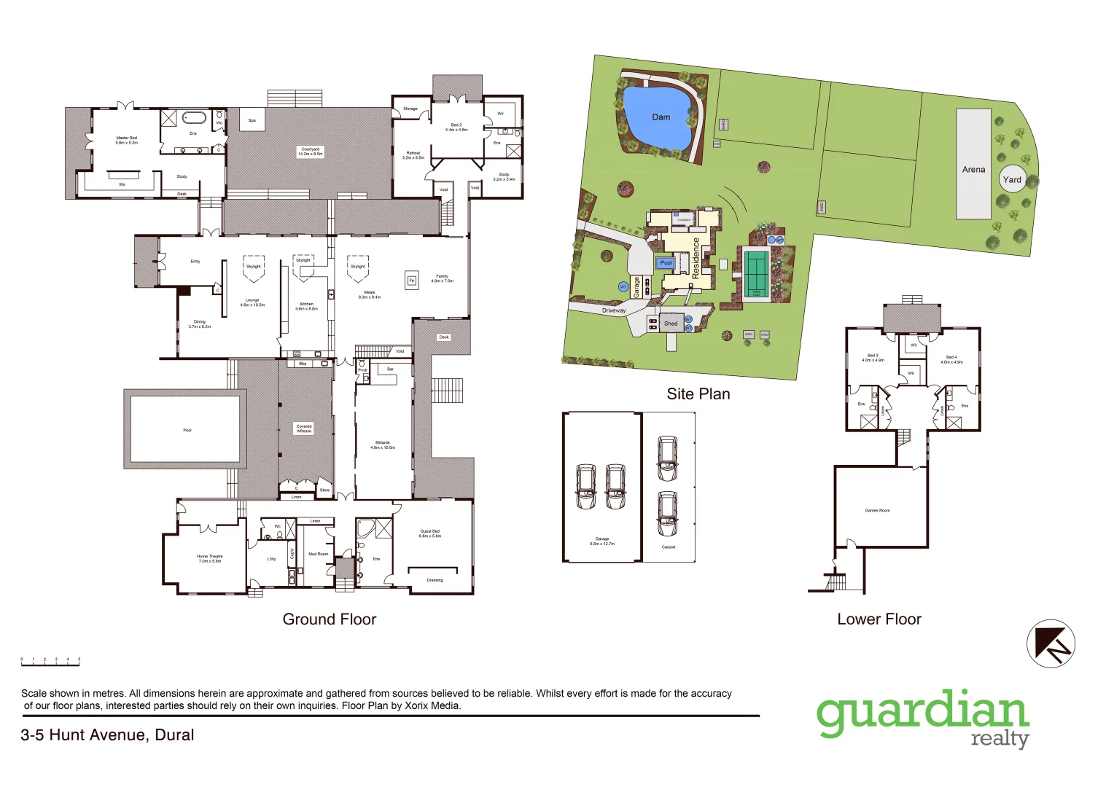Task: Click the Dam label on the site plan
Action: click(661, 117)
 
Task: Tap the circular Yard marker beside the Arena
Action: click(1012, 179)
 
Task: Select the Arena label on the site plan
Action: click(973, 169)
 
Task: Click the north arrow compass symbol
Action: click(1051, 643)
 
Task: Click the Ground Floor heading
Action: click(330, 619)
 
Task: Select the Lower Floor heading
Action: click(879, 619)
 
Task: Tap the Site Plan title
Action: click(698, 394)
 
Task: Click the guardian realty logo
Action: click(923, 718)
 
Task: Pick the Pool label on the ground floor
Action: click(187, 430)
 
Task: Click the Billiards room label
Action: click(383, 445)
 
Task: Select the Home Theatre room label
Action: click(209, 558)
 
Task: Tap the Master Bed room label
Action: click(126, 140)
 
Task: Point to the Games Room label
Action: click(877, 510)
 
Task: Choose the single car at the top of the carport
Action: click(667, 458)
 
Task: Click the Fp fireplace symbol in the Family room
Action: click(412, 281)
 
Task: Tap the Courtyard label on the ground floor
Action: click(310, 152)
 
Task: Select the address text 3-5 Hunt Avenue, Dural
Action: click(107, 735)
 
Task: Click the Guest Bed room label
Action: click(429, 533)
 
